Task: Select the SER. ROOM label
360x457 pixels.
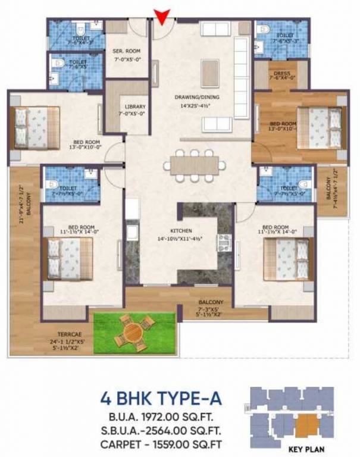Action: (x=126, y=51)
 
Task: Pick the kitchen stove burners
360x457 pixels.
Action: (x=224, y=242)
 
